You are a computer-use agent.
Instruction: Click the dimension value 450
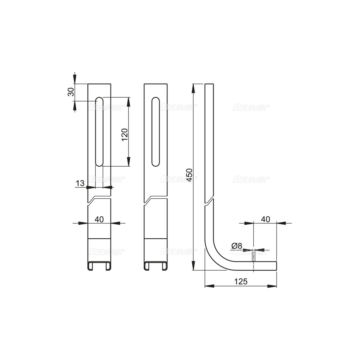[189, 175]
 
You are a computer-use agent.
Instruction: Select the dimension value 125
[241, 281]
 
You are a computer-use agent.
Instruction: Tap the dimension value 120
[124, 135]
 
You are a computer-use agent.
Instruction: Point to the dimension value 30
[71, 92]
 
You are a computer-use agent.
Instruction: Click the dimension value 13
[80, 183]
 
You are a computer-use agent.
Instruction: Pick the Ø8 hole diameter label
[237, 246]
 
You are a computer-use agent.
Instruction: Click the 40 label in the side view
[265, 219]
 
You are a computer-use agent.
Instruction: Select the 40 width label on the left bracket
[99, 219]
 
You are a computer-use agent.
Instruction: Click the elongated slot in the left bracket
[99, 131]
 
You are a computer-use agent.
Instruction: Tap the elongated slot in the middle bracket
[156, 131]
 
